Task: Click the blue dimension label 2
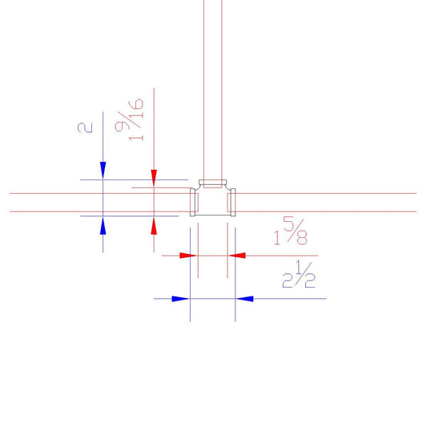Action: [x=85, y=127]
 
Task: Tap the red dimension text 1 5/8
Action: [x=291, y=231]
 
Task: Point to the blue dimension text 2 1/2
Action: [x=299, y=274]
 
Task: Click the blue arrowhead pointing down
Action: [x=103, y=171]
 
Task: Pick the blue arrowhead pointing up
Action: [x=103, y=225]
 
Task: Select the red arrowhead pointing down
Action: [x=154, y=179]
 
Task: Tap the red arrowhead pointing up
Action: [x=154, y=225]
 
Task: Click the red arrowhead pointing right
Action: [x=188, y=256]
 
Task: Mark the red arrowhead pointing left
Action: [x=237, y=256]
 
